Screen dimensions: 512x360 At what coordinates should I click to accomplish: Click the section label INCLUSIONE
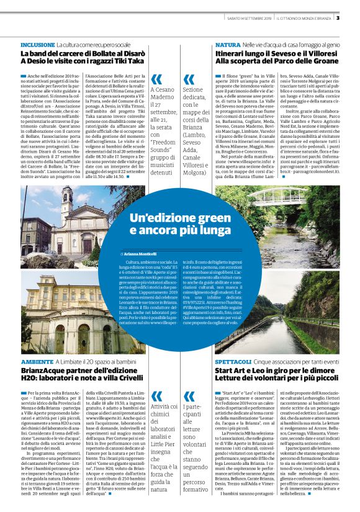(x=37, y=46)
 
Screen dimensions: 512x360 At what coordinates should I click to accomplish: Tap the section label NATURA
(x=228, y=46)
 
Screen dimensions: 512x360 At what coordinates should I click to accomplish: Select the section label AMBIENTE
(x=37, y=361)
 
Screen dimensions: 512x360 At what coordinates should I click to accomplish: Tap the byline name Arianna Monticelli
(x=137, y=254)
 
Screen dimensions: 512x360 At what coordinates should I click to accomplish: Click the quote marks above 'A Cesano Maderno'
(x=156, y=79)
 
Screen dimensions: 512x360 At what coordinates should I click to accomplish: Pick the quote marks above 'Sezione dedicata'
(x=205, y=79)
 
